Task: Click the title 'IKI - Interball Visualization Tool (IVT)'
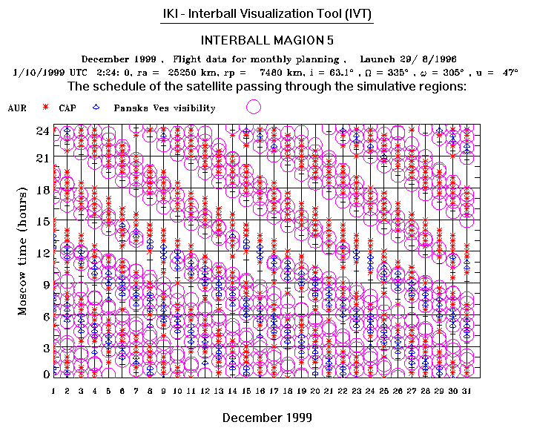pos(267,14)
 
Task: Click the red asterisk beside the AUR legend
pos(46,108)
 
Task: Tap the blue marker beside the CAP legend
pos(96,108)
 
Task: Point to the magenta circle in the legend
pos(254,107)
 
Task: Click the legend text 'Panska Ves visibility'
pos(164,108)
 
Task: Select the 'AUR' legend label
pos(17,108)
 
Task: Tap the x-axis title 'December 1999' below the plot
pos(267,418)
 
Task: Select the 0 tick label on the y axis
pos(46,374)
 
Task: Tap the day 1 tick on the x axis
pos(53,390)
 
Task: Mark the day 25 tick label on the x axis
pos(383,390)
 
